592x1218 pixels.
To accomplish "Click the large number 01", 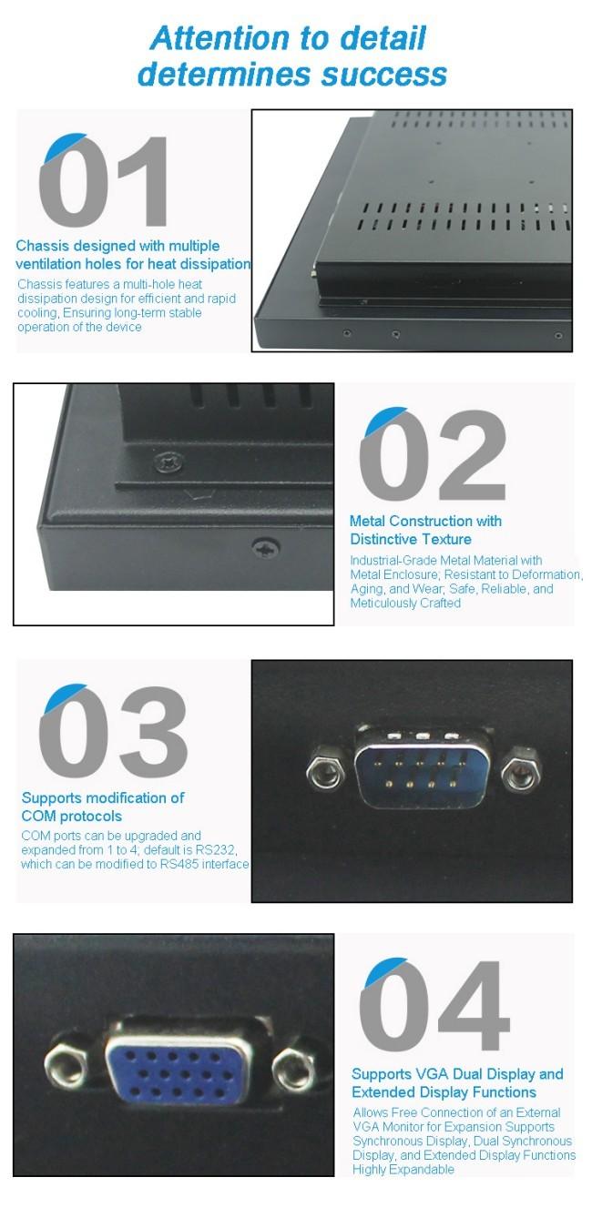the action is [104, 180].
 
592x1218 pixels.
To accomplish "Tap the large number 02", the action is [433, 454].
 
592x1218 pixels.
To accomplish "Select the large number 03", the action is [113, 731].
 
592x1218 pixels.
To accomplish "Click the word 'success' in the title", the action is [384, 75].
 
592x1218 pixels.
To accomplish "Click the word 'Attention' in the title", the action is [220, 38].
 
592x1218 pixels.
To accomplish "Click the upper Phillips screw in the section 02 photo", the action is [169, 462].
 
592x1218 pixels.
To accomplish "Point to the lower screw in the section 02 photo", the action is [267, 547].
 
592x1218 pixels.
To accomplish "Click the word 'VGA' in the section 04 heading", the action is [432, 1074].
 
